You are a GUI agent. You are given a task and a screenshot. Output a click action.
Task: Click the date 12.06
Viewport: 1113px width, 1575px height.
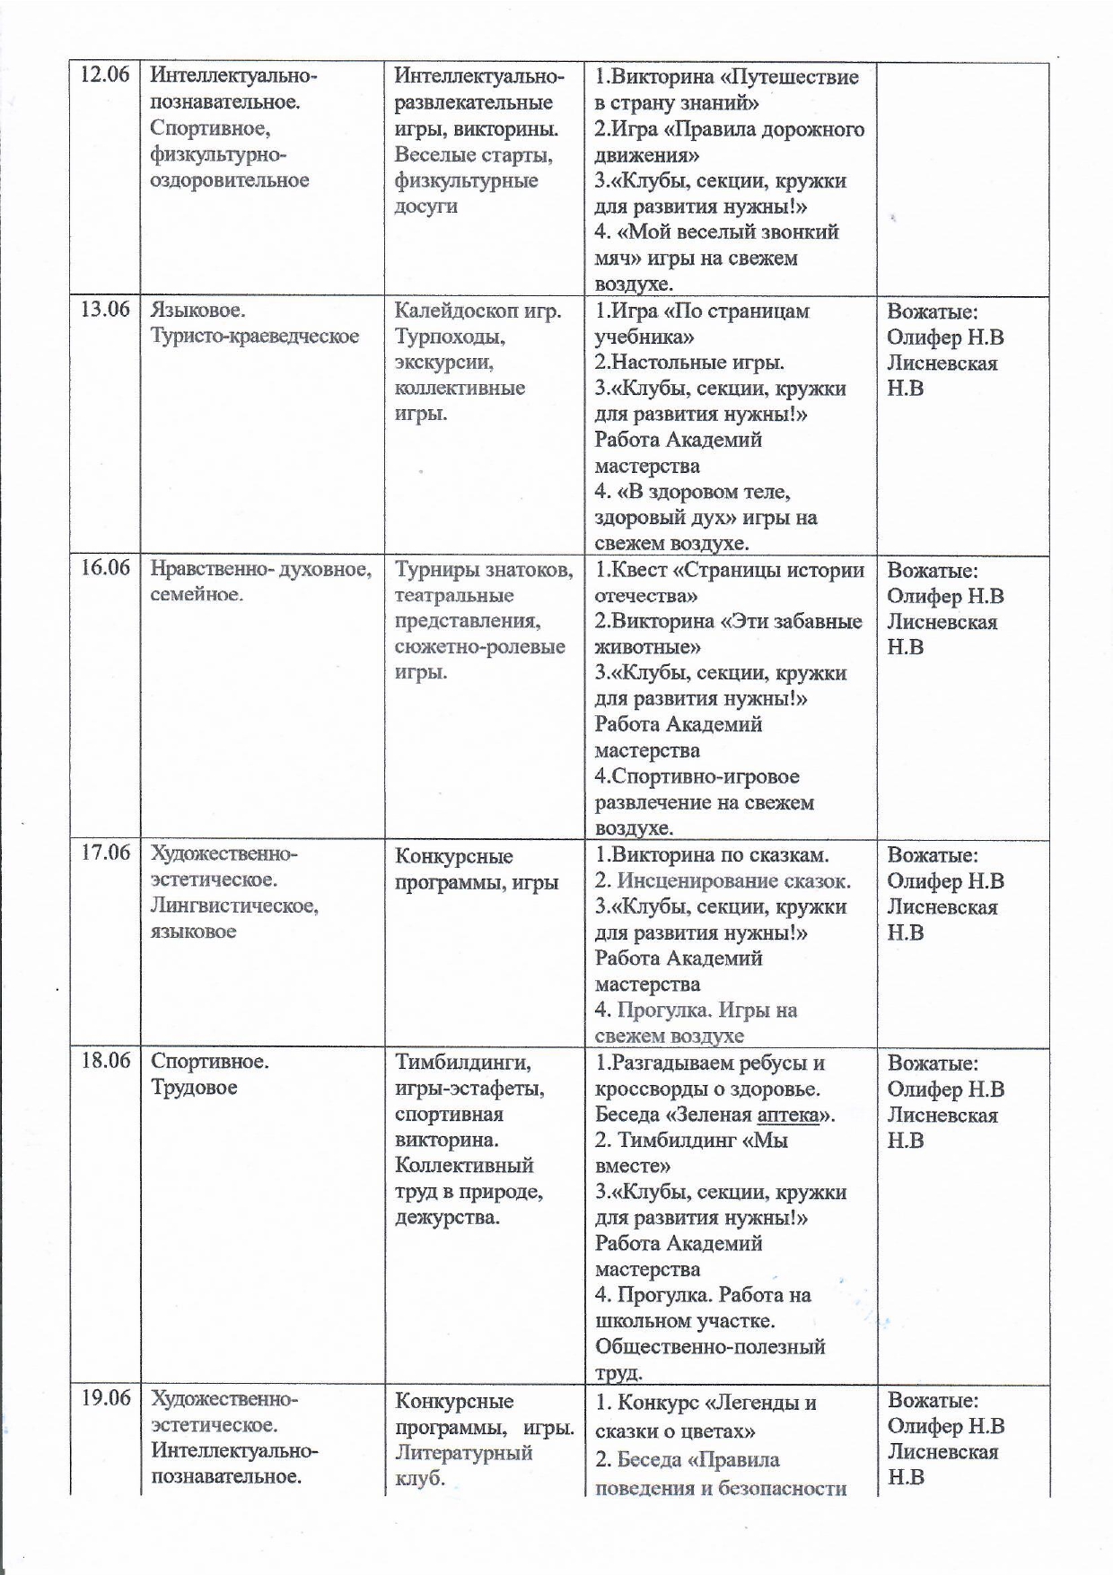105,74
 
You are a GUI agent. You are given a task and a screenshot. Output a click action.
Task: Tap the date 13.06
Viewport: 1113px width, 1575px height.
105,310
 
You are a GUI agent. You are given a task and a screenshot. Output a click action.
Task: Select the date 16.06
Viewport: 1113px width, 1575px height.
105,568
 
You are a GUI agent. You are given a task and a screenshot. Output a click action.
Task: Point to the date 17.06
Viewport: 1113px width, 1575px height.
105,853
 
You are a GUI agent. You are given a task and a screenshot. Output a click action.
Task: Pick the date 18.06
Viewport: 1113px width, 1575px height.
105,1061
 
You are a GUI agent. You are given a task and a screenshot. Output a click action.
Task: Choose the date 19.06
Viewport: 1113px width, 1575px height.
105,1398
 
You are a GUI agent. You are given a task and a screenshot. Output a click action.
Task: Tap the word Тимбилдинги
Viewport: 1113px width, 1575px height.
462,1063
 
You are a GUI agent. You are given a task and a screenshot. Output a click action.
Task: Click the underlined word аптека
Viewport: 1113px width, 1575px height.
792,1116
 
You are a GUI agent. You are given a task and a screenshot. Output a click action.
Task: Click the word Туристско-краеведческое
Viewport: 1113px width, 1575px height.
255,337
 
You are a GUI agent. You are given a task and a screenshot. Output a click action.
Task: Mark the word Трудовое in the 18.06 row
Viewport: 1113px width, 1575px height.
194,1088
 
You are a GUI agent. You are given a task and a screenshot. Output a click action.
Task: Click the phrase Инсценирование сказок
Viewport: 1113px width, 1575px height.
733,881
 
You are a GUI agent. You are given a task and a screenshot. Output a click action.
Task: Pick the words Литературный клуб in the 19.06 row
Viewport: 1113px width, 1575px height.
463,1465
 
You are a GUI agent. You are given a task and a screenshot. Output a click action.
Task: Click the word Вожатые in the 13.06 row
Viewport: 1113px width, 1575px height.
932,311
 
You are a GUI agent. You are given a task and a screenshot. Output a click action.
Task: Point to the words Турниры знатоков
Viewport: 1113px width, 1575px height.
483,570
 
